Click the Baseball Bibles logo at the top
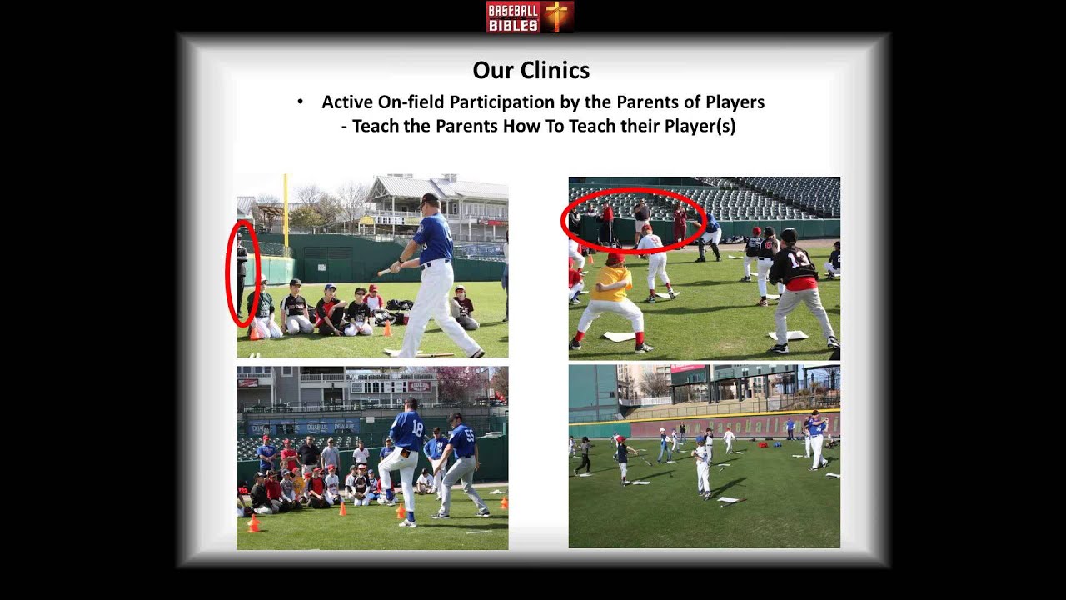click(530, 17)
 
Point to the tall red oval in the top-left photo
click(242, 273)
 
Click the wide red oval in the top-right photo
click(634, 219)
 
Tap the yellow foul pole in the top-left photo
click(285, 212)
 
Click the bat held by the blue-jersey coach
click(384, 271)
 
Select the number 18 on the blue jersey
click(416, 429)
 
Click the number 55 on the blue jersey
click(468, 435)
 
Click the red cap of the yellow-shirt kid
click(615, 258)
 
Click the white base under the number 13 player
click(787, 335)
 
